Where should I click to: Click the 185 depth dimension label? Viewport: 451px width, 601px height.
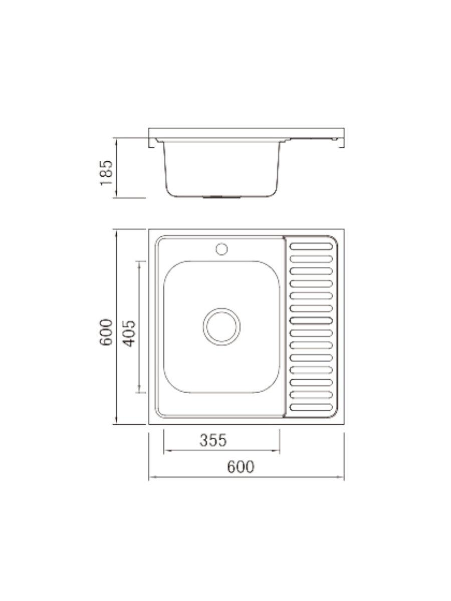(107, 173)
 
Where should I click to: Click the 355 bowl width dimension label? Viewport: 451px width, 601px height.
(213, 440)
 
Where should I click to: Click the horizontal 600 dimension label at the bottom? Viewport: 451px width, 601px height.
(241, 467)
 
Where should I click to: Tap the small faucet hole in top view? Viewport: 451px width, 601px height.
(221, 248)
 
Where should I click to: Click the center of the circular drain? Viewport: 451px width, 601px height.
(221, 326)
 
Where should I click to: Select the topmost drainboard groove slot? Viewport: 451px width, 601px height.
(311, 246)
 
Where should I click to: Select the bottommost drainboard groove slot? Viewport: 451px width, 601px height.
(311, 407)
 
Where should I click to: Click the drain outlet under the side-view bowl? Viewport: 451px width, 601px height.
(221, 197)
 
